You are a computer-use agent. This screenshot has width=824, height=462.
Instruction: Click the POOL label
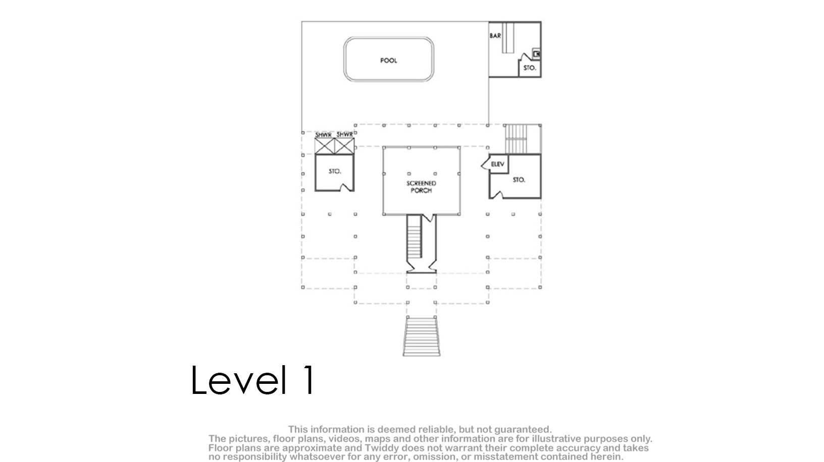388,61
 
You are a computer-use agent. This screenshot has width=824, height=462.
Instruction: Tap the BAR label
495,36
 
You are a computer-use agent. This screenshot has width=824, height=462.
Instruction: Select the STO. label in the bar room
530,68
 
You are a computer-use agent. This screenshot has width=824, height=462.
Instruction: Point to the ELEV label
497,164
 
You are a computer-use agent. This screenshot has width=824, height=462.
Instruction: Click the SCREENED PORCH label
421,187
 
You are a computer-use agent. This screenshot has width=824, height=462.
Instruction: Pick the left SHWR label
323,135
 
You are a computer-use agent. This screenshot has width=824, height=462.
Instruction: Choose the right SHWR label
345,135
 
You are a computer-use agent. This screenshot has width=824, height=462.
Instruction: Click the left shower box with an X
325,146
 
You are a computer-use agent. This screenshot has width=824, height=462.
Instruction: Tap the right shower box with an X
345,146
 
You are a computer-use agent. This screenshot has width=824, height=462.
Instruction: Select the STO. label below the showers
335,171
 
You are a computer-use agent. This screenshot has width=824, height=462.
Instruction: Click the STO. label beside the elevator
519,180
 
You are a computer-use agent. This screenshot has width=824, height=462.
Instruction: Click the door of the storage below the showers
346,188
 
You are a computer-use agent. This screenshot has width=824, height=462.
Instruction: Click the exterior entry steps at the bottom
422,336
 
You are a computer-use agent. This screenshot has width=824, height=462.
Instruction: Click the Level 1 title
253,380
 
